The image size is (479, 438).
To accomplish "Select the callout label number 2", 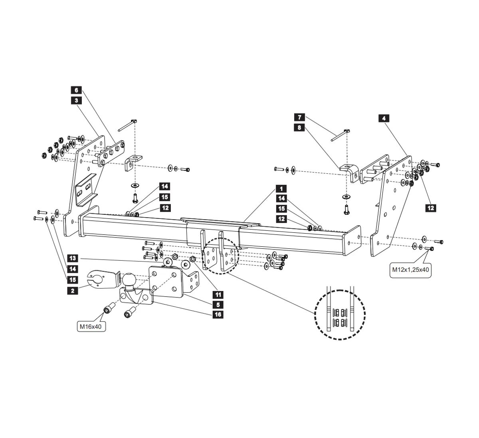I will click(72, 291).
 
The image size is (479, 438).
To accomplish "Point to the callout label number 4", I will click(384, 118).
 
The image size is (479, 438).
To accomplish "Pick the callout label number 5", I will click(218, 305).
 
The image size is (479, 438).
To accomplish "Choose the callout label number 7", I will click(299, 117).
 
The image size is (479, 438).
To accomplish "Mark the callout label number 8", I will click(299, 127).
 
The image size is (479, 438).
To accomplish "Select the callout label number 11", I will click(218, 295).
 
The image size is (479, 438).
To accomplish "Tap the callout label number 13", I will click(72, 258).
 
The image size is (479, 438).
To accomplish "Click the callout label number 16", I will click(218, 315).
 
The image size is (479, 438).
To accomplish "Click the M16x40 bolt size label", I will click(92, 327).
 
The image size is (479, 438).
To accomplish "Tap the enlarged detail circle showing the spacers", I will click(340, 314).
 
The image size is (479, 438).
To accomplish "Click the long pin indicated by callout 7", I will click(339, 135).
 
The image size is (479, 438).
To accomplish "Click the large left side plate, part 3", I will click(86, 180).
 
